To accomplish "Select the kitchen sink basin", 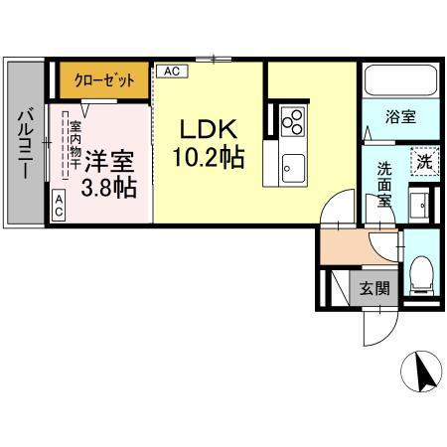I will (x=293, y=166).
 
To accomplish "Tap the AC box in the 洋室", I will (x=58, y=207).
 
